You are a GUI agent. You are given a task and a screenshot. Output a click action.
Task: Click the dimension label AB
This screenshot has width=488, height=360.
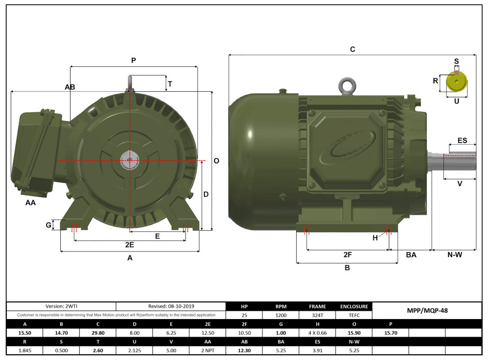(x=70, y=87)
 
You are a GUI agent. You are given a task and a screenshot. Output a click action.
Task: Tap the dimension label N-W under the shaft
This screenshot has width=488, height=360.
(x=454, y=255)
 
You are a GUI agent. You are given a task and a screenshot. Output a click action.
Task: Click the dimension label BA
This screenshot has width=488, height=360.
(x=411, y=255)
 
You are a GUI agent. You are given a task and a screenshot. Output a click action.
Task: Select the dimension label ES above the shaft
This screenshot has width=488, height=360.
(x=462, y=141)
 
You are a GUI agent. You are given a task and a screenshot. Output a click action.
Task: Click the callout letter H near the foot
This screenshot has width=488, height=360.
(x=375, y=238)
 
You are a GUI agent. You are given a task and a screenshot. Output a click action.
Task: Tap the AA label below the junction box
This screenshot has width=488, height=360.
(x=31, y=203)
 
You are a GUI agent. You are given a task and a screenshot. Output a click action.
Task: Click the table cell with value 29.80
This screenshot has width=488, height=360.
(x=97, y=333)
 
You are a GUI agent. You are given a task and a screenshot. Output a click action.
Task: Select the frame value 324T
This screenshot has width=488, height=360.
(x=317, y=315)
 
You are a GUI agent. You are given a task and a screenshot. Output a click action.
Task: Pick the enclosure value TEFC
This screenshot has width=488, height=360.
(x=354, y=315)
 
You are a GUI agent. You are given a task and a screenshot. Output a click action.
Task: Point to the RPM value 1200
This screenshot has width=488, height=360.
(x=281, y=315)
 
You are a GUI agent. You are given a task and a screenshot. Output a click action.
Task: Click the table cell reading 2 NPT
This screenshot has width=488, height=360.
(x=207, y=350)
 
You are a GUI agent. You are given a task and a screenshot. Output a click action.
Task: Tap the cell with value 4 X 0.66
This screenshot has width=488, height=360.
(x=317, y=333)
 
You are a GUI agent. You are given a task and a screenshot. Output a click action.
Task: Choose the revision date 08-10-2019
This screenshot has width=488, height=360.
(x=171, y=307)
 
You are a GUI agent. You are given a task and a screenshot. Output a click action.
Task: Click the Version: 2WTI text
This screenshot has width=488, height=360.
(x=61, y=307)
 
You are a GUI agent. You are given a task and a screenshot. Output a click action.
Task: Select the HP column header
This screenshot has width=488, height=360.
(x=244, y=307)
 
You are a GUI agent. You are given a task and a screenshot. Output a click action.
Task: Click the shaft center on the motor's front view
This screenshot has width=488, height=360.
(x=129, y=161)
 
